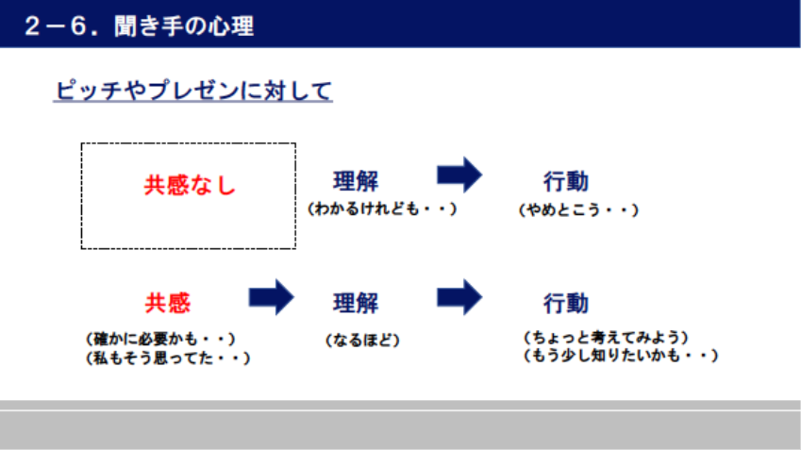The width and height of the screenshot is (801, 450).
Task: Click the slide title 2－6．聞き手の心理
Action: tap(139, 25)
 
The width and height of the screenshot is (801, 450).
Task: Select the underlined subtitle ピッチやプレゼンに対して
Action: tap(193, 91)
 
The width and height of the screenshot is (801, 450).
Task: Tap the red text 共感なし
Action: tap(190, 185)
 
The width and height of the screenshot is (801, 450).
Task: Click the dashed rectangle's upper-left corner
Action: tap(82, 143)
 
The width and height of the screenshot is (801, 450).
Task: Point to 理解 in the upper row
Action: tap(356, 181)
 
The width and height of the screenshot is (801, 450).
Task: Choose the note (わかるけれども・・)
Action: tap(382, 208)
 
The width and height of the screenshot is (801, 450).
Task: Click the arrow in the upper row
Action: tap(459, 175)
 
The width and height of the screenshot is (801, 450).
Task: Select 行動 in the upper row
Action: tap(565, 181)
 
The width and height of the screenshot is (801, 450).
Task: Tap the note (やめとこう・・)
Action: tap(578, 209)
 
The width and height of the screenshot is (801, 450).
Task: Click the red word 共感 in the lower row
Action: tap(168, 303)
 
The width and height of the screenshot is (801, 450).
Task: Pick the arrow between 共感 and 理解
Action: tap(272, 297)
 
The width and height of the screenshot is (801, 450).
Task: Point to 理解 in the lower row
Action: tap(356, 303)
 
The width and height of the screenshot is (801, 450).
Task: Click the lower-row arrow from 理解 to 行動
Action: tap(459, 297)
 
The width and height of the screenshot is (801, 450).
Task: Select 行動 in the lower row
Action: tap(565, 304)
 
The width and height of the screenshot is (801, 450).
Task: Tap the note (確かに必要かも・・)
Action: tap(160, 339)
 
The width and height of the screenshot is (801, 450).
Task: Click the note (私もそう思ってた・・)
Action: tap(168, 358)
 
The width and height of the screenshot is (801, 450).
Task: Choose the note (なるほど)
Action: tap(362, 340)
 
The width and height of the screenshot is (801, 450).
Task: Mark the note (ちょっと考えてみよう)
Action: tap(606, 337)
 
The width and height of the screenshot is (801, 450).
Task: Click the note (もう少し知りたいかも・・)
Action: tap(621, 355)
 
